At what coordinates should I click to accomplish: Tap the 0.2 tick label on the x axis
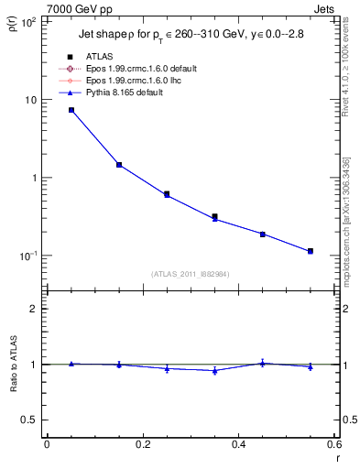142,446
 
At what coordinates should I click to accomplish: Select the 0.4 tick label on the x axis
238,446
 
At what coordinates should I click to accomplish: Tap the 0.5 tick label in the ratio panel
27,420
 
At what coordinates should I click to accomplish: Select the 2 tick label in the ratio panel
33,309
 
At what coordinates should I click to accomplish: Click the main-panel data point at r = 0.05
71,110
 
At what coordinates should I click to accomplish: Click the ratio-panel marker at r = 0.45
263,363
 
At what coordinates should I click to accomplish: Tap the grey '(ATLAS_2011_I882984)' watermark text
190,274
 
